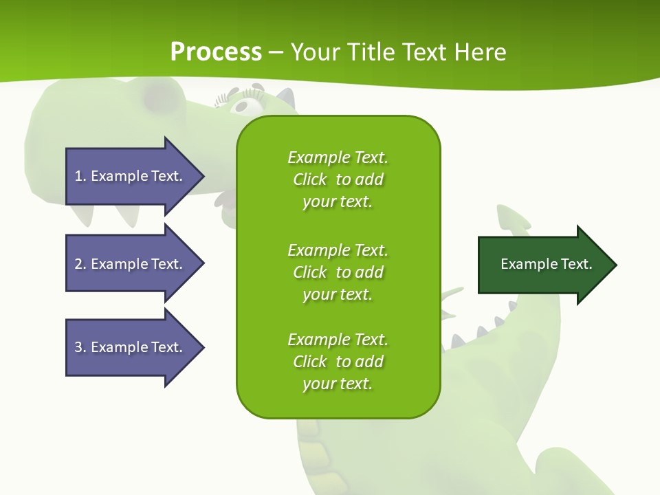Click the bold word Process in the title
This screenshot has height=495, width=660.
click(216, 52)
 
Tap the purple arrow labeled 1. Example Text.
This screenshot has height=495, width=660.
click(131, 176)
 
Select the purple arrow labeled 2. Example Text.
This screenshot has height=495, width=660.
click(131, 264)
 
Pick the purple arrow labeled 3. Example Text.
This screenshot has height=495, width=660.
click(131, 347)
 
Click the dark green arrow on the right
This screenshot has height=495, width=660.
click(543, 265)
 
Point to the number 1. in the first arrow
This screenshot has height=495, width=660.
click(80, 176)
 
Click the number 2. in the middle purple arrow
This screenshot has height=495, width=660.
click(80, 264)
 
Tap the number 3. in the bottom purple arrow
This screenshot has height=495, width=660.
click(80, 347)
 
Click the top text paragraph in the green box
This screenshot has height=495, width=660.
click(338, 179)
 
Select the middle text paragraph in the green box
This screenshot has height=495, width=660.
click(338, 272)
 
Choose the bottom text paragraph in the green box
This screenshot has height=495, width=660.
click(338, 362)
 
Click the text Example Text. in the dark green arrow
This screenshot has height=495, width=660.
click(546, 264)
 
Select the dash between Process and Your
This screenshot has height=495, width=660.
click(276, 52)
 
